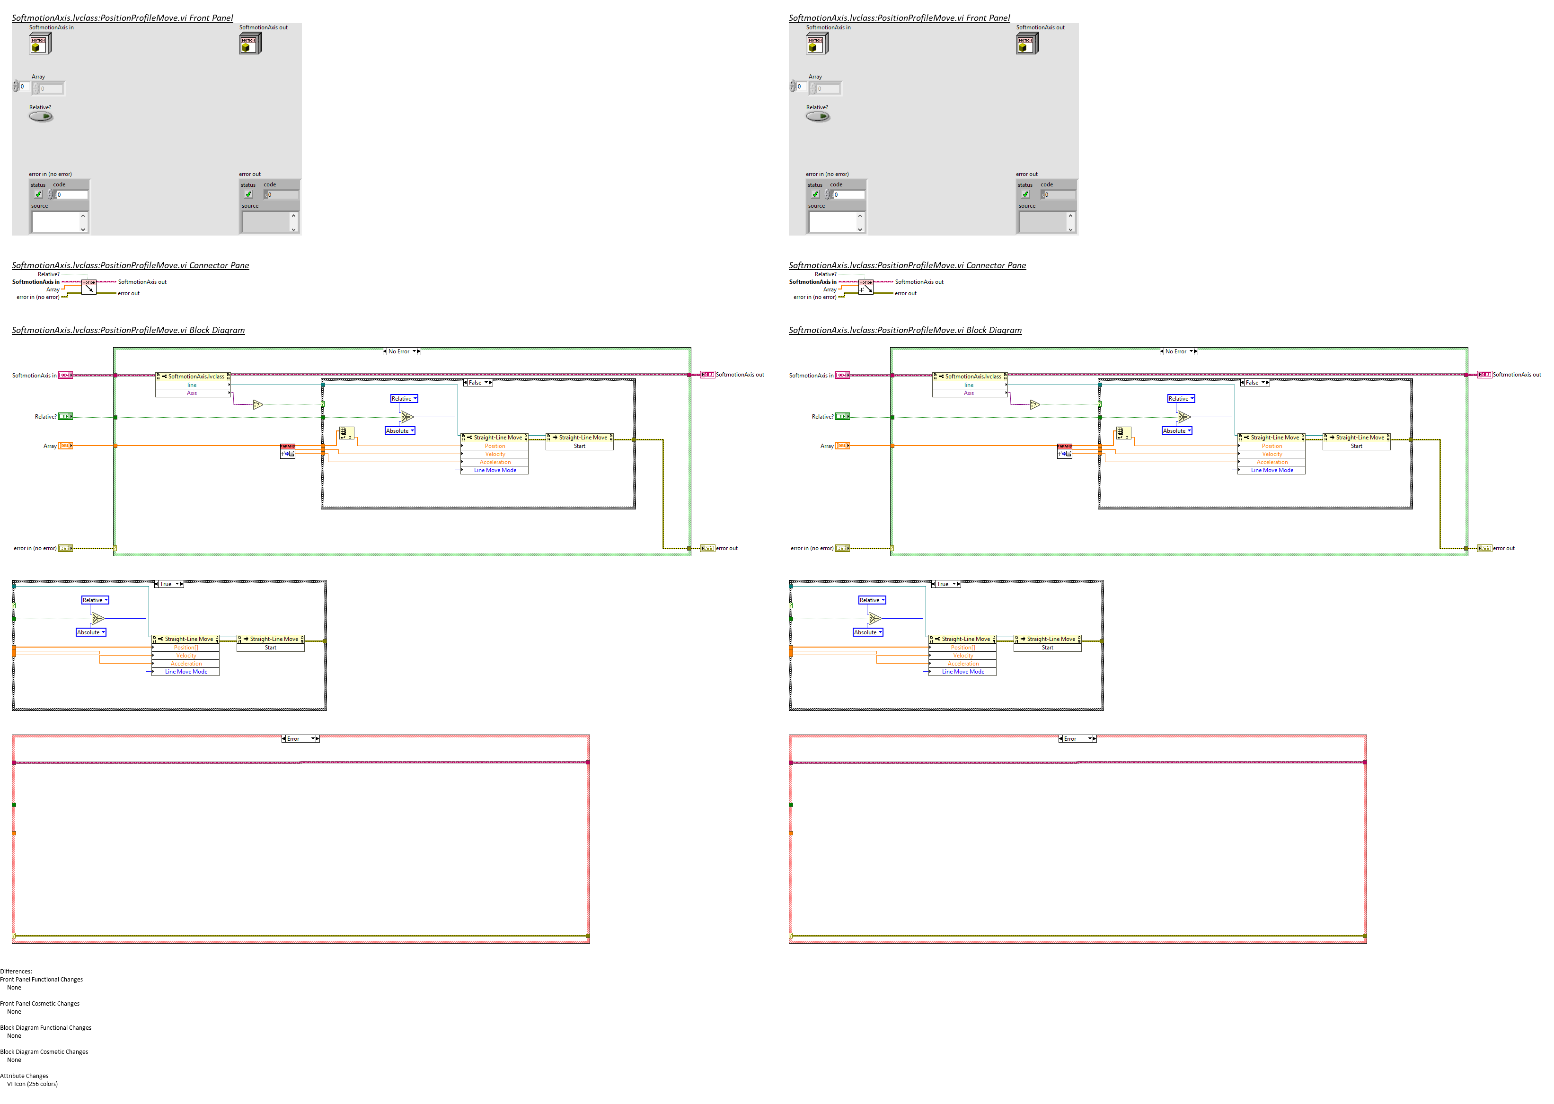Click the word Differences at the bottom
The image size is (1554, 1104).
[x=16, y=972]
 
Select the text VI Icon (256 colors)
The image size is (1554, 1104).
[x=32, y=1084]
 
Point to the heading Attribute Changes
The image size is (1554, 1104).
[x=25, y=1076]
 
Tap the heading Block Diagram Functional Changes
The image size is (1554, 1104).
[x=45, y=1028]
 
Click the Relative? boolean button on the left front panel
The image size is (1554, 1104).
[x=41, y=117]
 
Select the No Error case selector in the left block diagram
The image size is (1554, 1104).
[x=401, y=351]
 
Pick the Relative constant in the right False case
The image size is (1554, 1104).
[x=1181, y=399]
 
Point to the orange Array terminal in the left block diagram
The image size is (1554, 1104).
[x=65, y=446]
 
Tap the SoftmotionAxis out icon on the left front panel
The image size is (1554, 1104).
[x=249, y=44]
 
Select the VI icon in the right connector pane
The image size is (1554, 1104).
[x=866, y=287]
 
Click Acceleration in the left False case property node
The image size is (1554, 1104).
[x=494, y=462]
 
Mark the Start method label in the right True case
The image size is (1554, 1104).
[x=1047, y=648]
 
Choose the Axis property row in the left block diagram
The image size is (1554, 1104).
[x=192, y=393]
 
